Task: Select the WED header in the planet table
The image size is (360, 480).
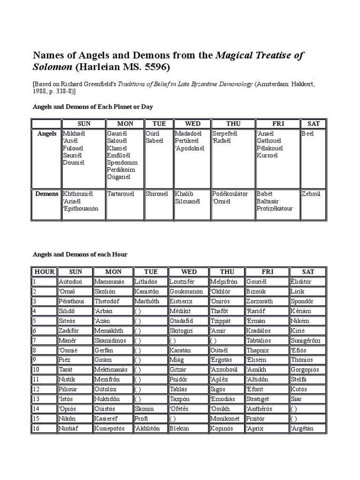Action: coord(193,124)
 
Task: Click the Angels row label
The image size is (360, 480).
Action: coord(47,134)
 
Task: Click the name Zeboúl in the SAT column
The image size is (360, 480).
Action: coord(312,194)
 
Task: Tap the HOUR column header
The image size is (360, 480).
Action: coord(45,272)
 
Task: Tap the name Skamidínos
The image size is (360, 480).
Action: coord(112,340)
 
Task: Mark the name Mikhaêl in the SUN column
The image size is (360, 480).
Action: coord(75,134)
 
